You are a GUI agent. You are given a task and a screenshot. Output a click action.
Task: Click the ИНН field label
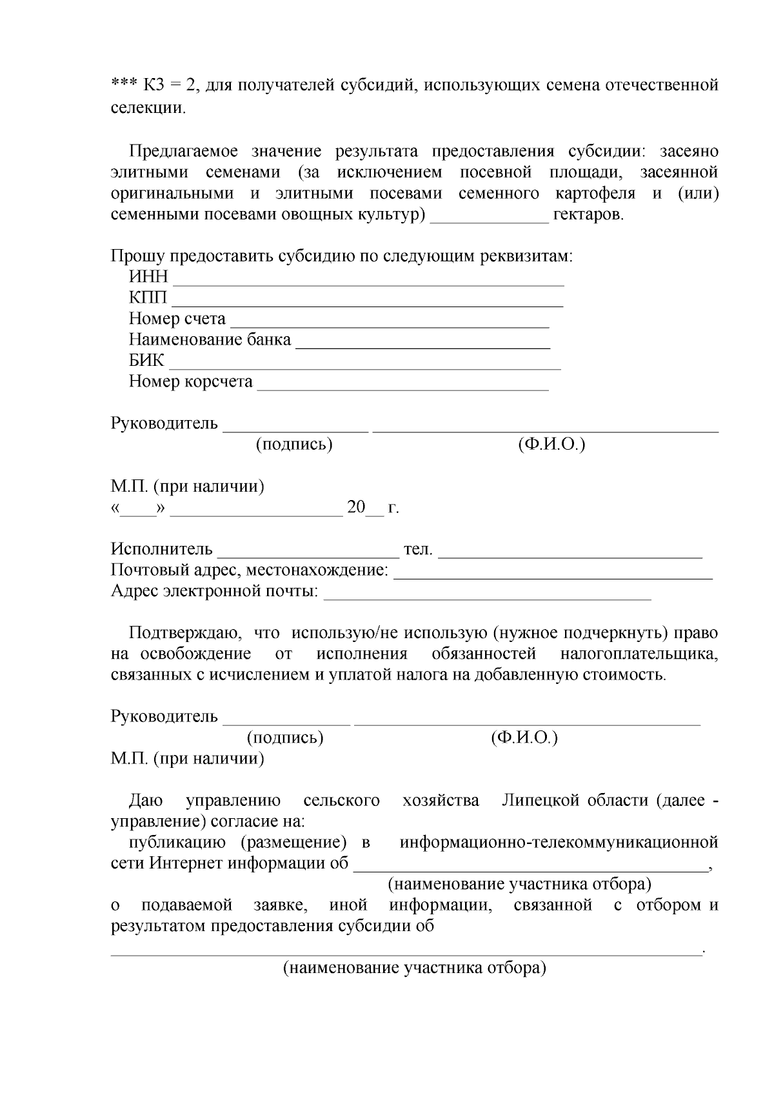148,277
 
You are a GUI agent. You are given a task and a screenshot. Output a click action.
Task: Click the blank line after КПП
367,303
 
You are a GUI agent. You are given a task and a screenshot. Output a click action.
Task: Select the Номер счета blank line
390,325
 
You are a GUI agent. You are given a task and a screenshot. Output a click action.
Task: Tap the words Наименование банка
210,339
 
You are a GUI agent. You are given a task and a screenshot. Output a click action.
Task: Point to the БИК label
146,360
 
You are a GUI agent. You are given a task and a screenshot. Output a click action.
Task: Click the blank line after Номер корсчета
402,387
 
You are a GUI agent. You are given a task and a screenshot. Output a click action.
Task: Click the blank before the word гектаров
489,219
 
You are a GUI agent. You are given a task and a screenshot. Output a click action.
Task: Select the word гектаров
588,215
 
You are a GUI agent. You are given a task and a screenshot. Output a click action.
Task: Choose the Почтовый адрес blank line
553,576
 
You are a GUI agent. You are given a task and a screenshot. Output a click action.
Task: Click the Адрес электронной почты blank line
487,597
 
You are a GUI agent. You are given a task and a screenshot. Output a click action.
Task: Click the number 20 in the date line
356,507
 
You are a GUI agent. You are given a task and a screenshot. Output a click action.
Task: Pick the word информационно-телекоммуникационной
559,843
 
